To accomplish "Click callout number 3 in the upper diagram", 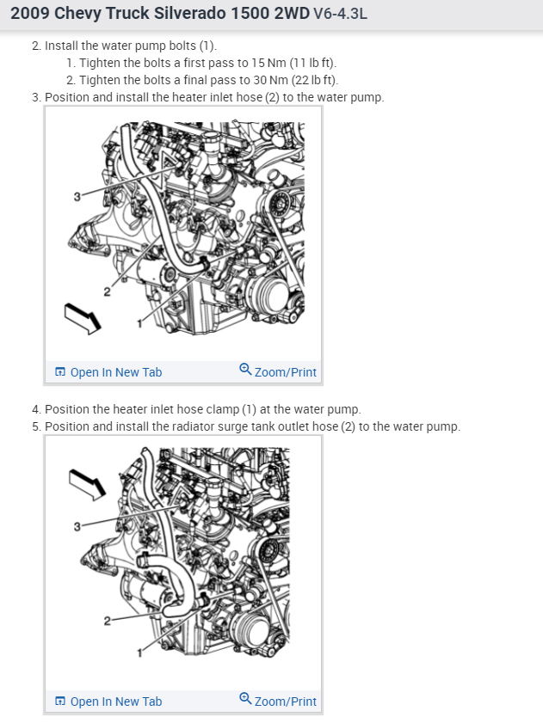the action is coord(77,197).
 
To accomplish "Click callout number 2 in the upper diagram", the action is coord(107,292).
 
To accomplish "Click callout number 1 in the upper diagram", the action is coord(139,324).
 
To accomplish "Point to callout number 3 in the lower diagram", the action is coord(77,526).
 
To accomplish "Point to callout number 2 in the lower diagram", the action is coord(107,621).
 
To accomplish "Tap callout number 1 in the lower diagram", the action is coord(139,653).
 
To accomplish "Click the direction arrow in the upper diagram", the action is coord(83,318).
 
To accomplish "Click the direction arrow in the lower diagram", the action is coord(87,484).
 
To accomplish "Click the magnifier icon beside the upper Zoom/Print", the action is coord(245,370).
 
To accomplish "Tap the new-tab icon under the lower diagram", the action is coord(60,702).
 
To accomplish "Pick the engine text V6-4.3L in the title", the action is coord(340,14).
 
